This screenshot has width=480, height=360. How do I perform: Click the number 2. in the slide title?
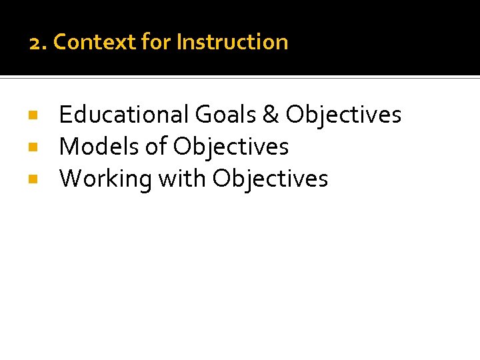(38, 43)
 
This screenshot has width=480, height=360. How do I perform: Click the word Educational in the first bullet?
(124, 115)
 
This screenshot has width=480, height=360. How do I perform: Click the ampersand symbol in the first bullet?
(271, 115)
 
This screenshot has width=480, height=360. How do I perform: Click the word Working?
(105, 179)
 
